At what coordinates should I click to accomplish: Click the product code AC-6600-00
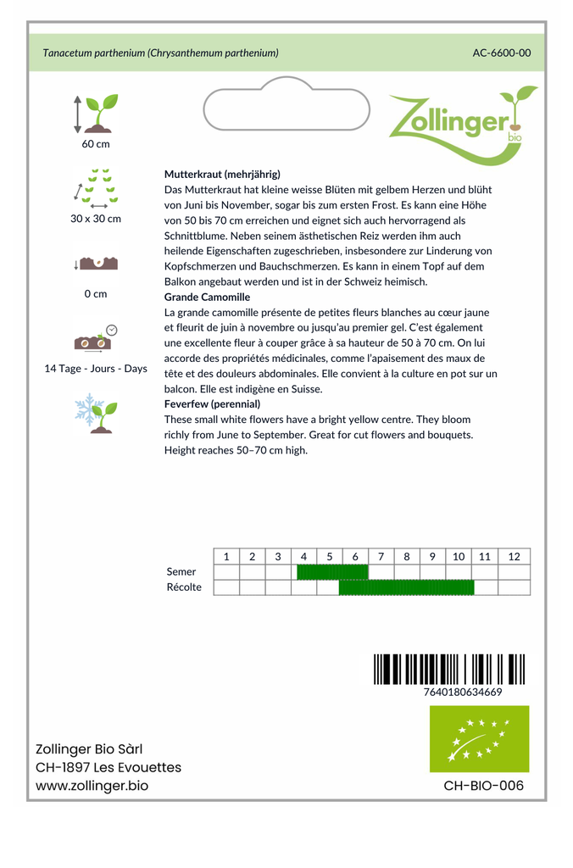pyautogui.click(x=501, y=53)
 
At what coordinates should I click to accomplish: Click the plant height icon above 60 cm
pyautogui.click(x=96, y=114)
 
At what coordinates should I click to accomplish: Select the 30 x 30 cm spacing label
pyautogui.click(x=96, y=219)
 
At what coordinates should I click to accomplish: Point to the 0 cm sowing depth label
pyautogui.click(x=96, y=294)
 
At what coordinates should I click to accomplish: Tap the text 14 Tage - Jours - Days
pyautogui.click(x=96, y=369)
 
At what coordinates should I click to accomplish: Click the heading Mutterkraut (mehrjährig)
pyautogui.click(x=222, y=174)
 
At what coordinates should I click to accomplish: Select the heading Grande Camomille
pyautogui.click(x=207, y=298)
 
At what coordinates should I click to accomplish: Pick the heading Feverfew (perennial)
pyautogui.click(x=212, y=404)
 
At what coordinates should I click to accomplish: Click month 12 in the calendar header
pyautogui.click(x=514, y=557)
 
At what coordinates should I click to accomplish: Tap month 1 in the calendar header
pyautogui.click(x=226, y=557)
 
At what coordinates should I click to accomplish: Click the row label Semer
pyautogui.click(x=181, y=572)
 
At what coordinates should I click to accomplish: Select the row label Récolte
pyautogui.click(x=184, y=587)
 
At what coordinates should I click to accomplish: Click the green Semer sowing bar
pyautogui.click(x=331, y=572)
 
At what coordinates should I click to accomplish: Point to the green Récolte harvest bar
pyautogui.click(x=406, y=587)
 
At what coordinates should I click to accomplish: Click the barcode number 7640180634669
pyautogui.click(x=462, y=692)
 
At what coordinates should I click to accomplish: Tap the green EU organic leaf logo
pyautogui.click(x=479, y=738)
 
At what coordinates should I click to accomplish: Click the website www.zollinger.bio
pyautogui.click(x=92, y=786)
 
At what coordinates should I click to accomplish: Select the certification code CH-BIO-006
pyautogui.click(x=483, y=786)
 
